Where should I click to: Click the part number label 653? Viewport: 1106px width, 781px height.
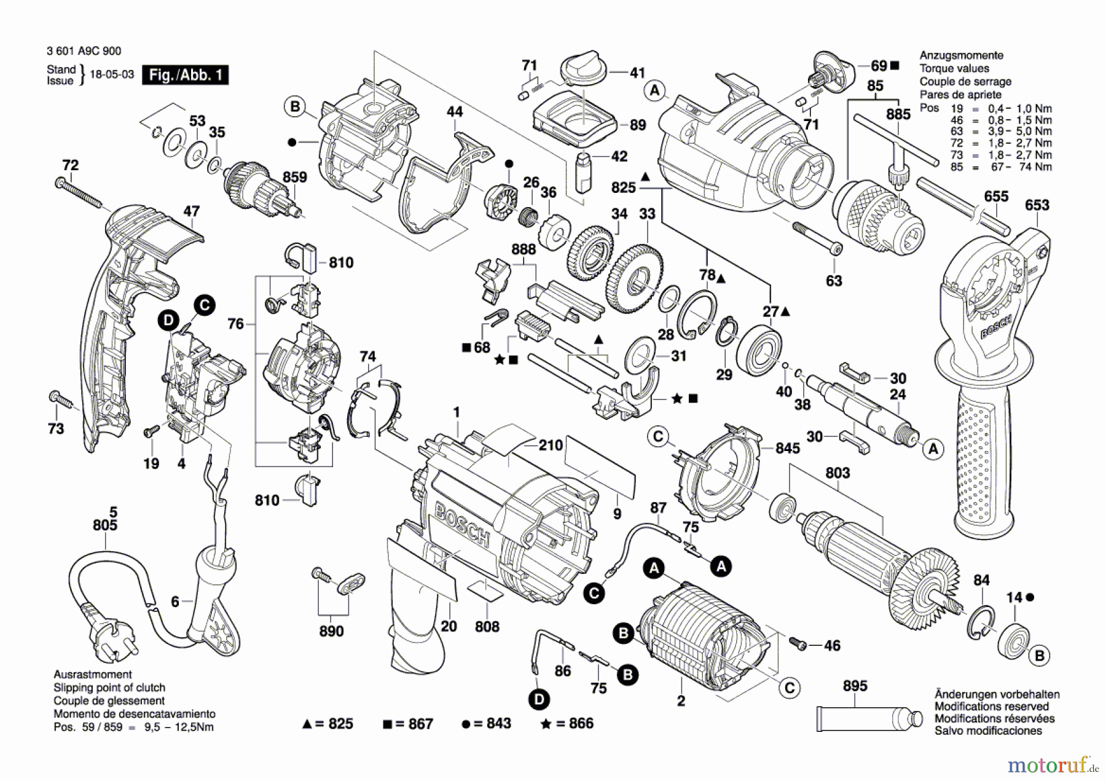point(1037,205)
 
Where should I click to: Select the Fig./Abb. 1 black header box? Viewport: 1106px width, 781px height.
point(185,75)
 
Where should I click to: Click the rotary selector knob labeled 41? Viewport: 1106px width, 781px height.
point(582,66)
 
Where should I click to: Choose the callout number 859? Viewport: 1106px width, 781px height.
point(294,177)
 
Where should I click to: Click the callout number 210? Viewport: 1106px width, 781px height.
point(550,445)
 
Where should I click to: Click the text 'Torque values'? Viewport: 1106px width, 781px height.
point(954,68)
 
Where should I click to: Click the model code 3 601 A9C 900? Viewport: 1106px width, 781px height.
point(84,52)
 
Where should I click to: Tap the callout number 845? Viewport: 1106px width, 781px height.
point(787,448)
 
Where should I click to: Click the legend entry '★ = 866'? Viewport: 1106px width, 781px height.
point(567,723)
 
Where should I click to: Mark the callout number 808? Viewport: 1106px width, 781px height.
point(487,626)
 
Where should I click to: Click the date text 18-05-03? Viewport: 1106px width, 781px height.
point(112,75)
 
